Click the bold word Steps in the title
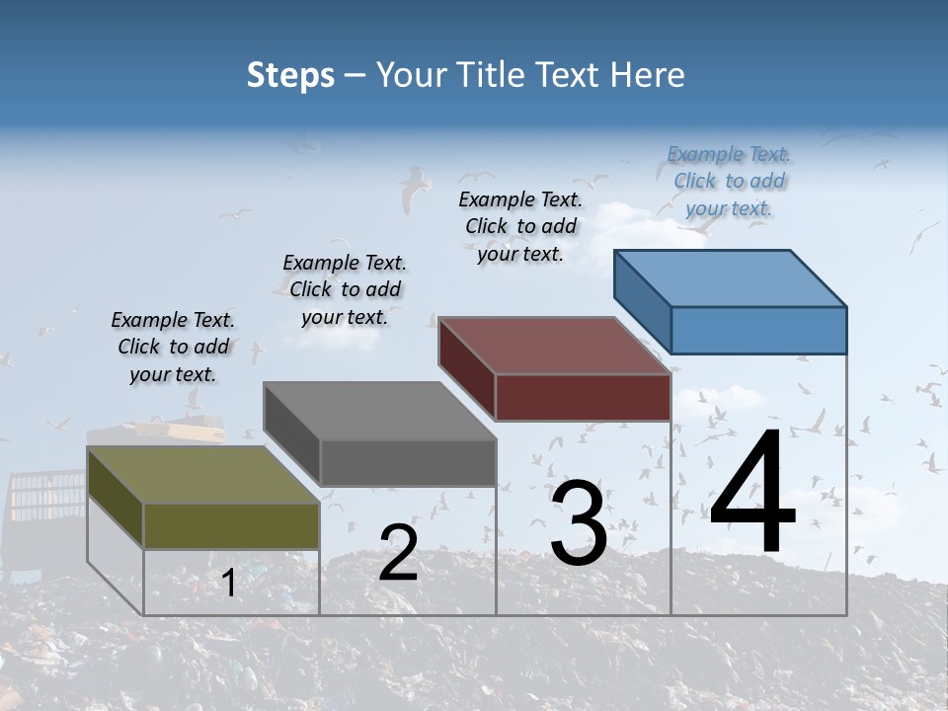coord(290,75)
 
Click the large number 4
coord(752,493)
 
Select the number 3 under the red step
coord(579,522)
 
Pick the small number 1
coord(229,584)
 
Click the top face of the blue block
coord(731,278)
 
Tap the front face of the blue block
coord(758,330)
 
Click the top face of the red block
coord(555,346)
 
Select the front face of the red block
coord(583,397)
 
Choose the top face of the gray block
coord(379,411)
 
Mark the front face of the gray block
coord(408,462)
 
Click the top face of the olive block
coord(203,475)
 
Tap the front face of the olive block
coord(231,525)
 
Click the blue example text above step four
coord(729,182)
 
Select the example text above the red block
coord(520,226)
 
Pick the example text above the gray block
coord(345,289)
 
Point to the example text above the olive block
coord(173,347)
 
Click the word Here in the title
coord(649,75)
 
